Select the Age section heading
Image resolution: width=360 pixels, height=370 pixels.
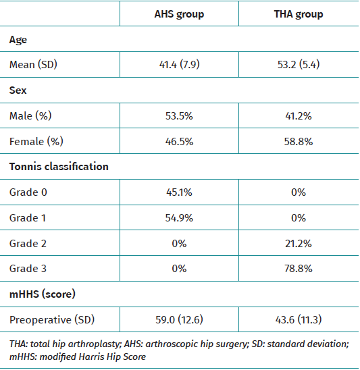coord(18,40)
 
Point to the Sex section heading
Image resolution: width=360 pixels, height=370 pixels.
coord(18,90)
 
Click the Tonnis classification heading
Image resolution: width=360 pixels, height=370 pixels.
coord(59,167)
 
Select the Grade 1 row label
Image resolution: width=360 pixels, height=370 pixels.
coord(28,217)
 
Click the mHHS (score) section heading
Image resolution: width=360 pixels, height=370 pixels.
coord(43,294)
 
